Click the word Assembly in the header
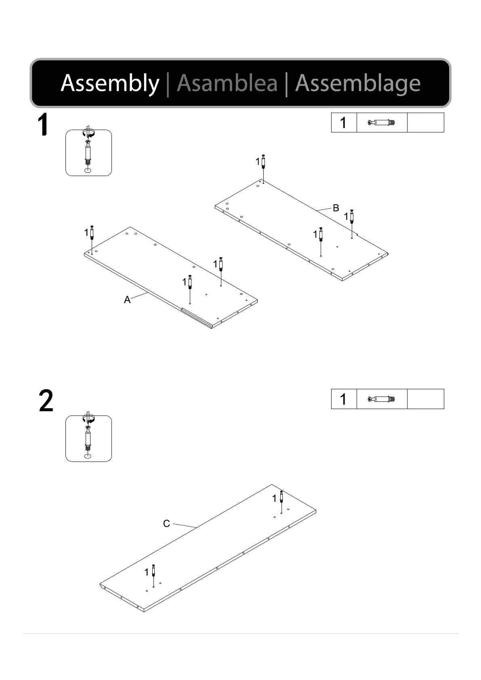coord(110,83)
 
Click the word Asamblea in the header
coord(227,83)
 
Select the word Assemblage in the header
coord(358,83)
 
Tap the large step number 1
coord(43,125)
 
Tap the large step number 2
coord(46,401)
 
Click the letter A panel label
coord(127,300)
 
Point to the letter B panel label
coord(336,208)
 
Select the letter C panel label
coord(166,524)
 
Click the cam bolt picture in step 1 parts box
coord(382,123)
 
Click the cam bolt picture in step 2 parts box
coord(382,399)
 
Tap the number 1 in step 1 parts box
coord(343,123)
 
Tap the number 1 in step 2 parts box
coord(343,399)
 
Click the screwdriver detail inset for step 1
coord(88,153)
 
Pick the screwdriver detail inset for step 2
coord(88,439)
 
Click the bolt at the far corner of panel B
coord(263,162)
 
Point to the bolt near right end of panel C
coord(281,496)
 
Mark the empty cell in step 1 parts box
coord(425,123)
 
